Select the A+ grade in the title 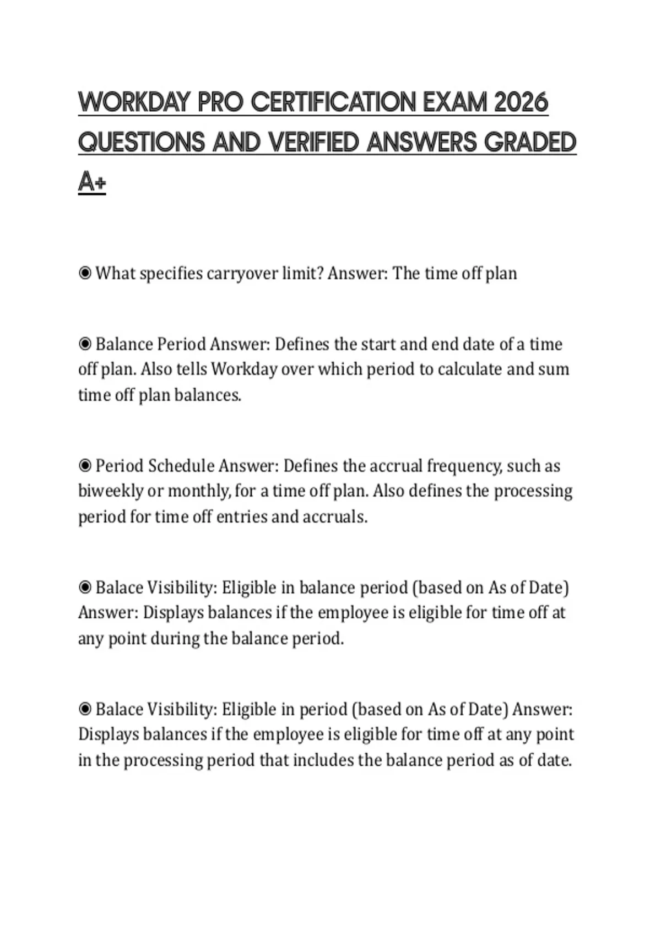click(91, 182)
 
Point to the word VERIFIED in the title click(314, 142)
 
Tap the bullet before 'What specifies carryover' click(85, 273)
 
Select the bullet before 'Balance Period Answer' click(85, 344)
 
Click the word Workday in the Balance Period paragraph click(244, 369)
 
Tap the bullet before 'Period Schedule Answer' click(85, 466)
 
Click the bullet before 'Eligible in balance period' click(85, 587)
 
